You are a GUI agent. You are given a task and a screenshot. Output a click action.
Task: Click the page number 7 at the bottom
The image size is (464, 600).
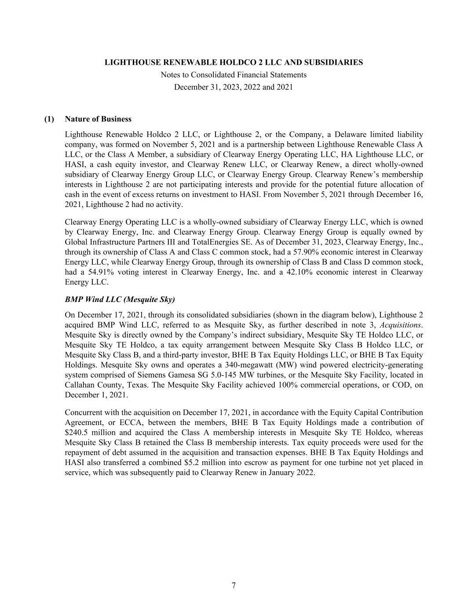click(x=234, y=585)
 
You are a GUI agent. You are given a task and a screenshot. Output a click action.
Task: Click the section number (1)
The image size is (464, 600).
click(x=49, y=119)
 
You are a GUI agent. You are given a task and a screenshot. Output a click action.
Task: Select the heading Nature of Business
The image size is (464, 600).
click(x=98, y=119)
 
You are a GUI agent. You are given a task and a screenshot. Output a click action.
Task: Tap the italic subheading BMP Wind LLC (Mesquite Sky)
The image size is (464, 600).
click(x=120, y=300)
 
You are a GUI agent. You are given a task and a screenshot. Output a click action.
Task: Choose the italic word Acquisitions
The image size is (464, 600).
click(x=400, y=325)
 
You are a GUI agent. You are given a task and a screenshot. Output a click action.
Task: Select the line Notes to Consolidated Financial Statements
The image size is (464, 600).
click(x=234, y=75)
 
